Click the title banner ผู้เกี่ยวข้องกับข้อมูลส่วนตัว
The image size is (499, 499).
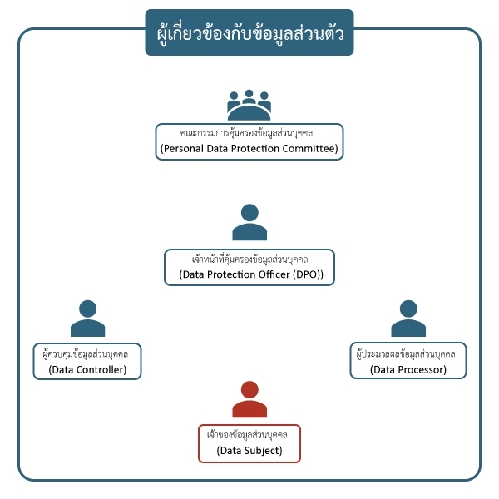tap(249, 33)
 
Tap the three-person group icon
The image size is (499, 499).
tap(249, 105)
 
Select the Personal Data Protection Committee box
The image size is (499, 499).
tap(249, 141)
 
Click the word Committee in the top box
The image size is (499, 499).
tap(308, 150)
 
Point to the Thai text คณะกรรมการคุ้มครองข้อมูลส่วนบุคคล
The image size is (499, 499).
tap(249, 132)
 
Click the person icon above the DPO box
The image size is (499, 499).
tap(249, 222)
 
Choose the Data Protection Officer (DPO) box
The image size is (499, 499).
tap(249, 267)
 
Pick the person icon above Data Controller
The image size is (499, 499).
tap(87, 318)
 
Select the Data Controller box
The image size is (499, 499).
tap(87, 361)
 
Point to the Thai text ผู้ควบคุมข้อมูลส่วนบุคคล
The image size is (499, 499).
tap(88, 353)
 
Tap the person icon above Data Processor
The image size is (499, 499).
tap(408, 318)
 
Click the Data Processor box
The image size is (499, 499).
tap(408, 361)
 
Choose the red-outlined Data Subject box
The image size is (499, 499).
tap(249, 442)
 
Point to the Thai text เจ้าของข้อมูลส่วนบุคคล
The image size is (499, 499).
tap(249, 434)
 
